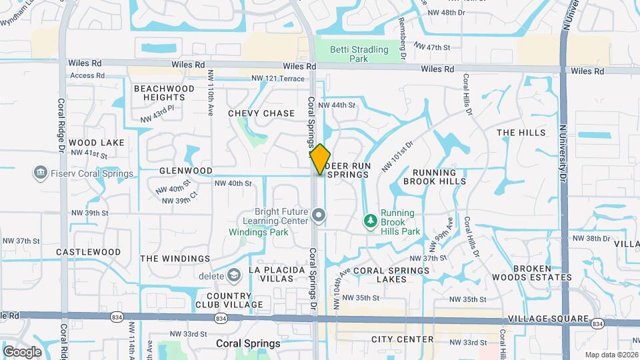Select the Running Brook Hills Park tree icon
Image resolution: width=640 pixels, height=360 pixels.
[x=370, y=220]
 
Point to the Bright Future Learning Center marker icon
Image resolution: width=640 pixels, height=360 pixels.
[x=319, y=215]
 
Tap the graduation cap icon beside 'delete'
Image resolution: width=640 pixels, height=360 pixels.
[x=233, y=275]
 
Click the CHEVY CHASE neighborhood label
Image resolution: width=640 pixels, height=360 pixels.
[x=261, y=113]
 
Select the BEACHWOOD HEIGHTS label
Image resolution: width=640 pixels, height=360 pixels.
[x=164, y=93]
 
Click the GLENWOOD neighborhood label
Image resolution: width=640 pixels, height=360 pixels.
[x=185, y=171]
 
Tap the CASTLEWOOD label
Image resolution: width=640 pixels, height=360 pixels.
[x=88, y=252]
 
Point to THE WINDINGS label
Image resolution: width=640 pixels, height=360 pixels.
[x=175, y=259]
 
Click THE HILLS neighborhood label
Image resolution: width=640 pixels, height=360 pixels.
[x=521, y=133]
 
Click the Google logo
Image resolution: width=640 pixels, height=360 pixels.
[x=22, y=351]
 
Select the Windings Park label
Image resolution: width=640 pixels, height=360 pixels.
[x=259, y=232]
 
